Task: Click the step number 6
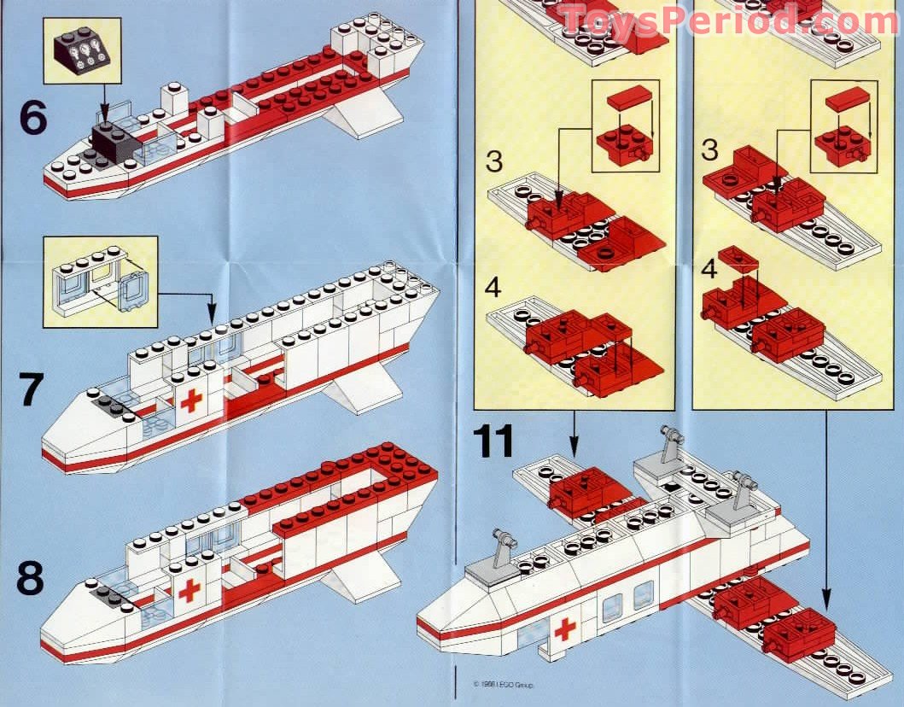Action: coord(32,118)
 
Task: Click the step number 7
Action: coord(30,390)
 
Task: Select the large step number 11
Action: coord(496,441)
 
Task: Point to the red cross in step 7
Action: coord(191,400)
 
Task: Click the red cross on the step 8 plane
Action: coord(190,589)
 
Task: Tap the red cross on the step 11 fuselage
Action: coord(564,630)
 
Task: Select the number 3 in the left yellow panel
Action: coord(493,161)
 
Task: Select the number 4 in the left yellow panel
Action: coord(492,288)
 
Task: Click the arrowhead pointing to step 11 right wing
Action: coord(826,598)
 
